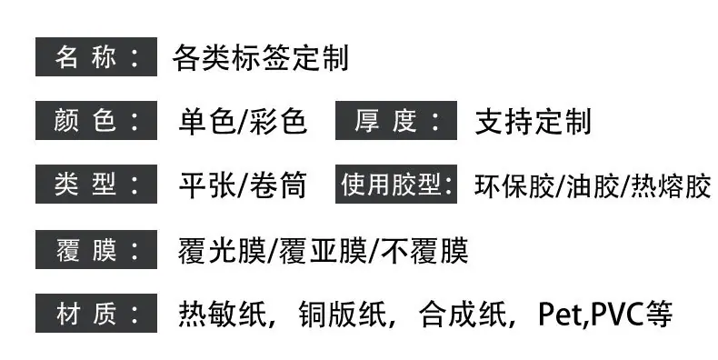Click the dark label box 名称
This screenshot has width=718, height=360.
pyautogui.click(x=96, y=56)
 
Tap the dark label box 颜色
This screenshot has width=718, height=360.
pyautogui.click(x=96, y=121)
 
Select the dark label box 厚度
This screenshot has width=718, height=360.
pyautogui.click(x=396, y=121)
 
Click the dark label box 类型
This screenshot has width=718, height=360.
pyautogui.click(x=96, y=185)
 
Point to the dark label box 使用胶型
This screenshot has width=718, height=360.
pyautogui.click(x=396, y=185)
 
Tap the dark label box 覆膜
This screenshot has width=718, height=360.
pyautogui.click(x=96, y=250)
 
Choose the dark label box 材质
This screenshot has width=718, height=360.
pyautogui.click(x=96, y=314)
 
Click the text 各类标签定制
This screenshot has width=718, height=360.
pyautogui.click(x=261, y=57)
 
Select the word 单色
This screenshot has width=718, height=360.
pyautogui.click(x=206, y=122)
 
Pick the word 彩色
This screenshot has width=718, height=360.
pyautogui.click(x=278, y=122)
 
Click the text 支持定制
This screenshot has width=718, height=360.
pyautogui.click(x=533, y=122)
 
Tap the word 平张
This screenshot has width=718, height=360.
pyautogui.click(x=206, y=185)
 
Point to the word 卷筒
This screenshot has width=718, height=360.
pyautogui.click(x=278, y=185)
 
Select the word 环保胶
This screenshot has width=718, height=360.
pyautogui.click(x=514, y=185)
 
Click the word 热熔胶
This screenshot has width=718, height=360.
pyautogui.click(x=671, y=185)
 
